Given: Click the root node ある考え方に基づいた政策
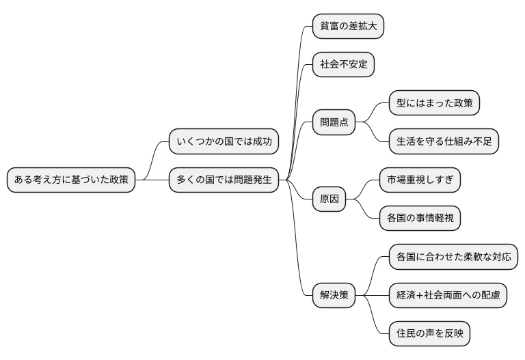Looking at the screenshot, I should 70,180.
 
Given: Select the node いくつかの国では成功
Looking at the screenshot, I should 224,142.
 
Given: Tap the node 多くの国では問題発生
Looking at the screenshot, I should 224,180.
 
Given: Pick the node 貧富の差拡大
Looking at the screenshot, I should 348,27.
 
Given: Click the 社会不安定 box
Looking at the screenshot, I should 344,65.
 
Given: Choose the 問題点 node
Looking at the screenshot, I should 334,123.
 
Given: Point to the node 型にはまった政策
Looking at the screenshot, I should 434,104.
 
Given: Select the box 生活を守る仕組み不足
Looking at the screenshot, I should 444,142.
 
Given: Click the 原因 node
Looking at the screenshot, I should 329,199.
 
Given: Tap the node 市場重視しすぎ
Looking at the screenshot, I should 420,180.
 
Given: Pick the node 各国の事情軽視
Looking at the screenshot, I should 420,219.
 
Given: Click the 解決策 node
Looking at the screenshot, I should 334,295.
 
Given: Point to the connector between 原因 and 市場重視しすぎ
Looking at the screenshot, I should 363,189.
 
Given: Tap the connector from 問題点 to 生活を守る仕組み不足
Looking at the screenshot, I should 373,134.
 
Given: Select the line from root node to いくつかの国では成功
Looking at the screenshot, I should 153,161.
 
